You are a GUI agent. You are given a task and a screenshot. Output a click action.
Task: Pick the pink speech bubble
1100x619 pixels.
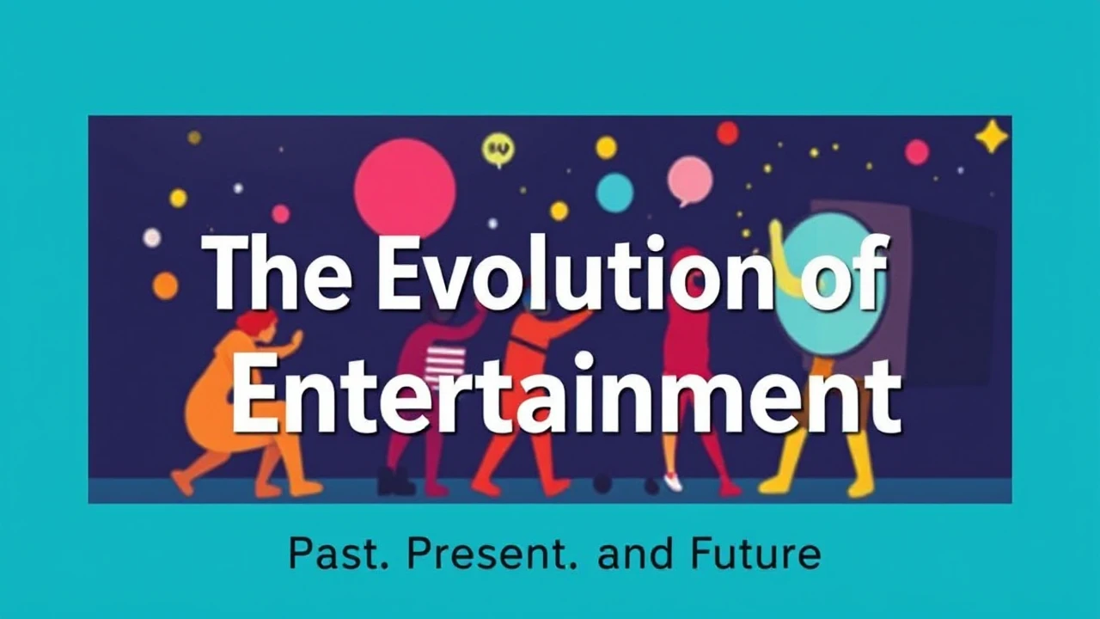pyautogui.click(x=689, y=181)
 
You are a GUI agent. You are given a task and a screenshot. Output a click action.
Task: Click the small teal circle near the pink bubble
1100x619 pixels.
pyautogui.click(x=614, y=192)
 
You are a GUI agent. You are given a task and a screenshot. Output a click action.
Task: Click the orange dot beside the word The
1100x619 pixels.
pyautogui.click(x=165, y=285)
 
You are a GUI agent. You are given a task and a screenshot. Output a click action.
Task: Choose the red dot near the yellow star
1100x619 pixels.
pyautogui.click(x=916, y=152)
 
